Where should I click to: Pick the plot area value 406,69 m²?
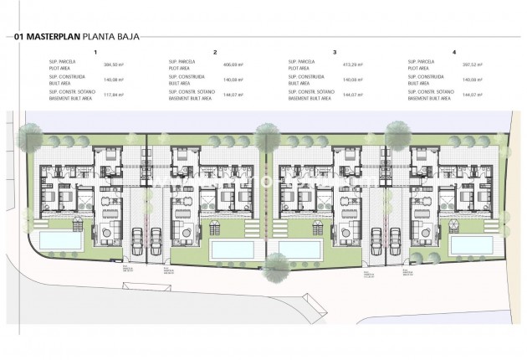pos(230,64)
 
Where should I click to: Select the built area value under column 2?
pos(230,80)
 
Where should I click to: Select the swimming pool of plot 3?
pos(299,249)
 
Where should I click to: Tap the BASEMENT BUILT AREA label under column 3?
pos(304,97)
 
